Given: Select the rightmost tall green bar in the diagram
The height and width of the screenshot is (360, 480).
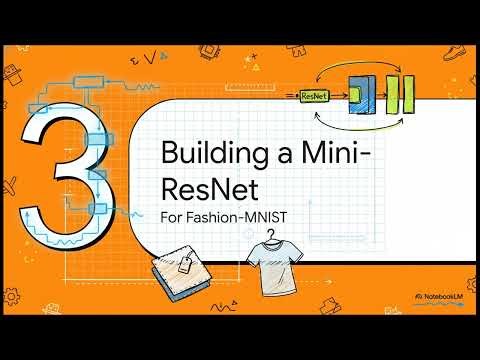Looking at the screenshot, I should (x=408, y=94).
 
